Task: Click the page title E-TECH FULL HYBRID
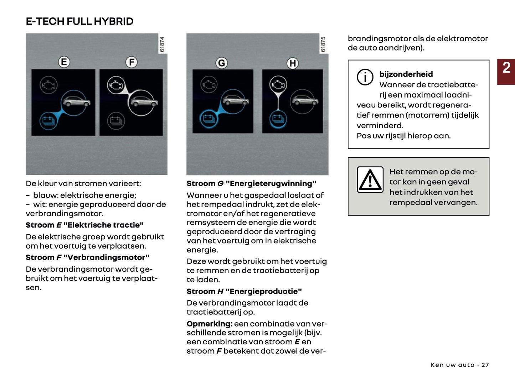(x=79, y=21)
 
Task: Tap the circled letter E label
(x=64, y=62)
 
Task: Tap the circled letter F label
(x=132, y=62)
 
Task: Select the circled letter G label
(x=221, y=63)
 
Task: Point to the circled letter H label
(x=293, y=63)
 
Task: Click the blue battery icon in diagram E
(x=48, y=121)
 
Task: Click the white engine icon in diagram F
(x=116, y=85)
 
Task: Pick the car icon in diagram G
(x=235, y=101)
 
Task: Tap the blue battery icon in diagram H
(x=278, y=119)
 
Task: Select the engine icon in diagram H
(x=278, y=85)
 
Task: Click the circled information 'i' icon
(x=365, y=77)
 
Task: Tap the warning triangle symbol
(x=370, y=180)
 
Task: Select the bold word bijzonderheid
(x=406, y=74)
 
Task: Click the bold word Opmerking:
(x=210, y=324)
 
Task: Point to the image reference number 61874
(x=163, y=45)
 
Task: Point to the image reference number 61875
(x=323, y=45)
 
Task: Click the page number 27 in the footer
(x=485, y=365)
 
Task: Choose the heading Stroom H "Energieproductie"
(x=244, y=291)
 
